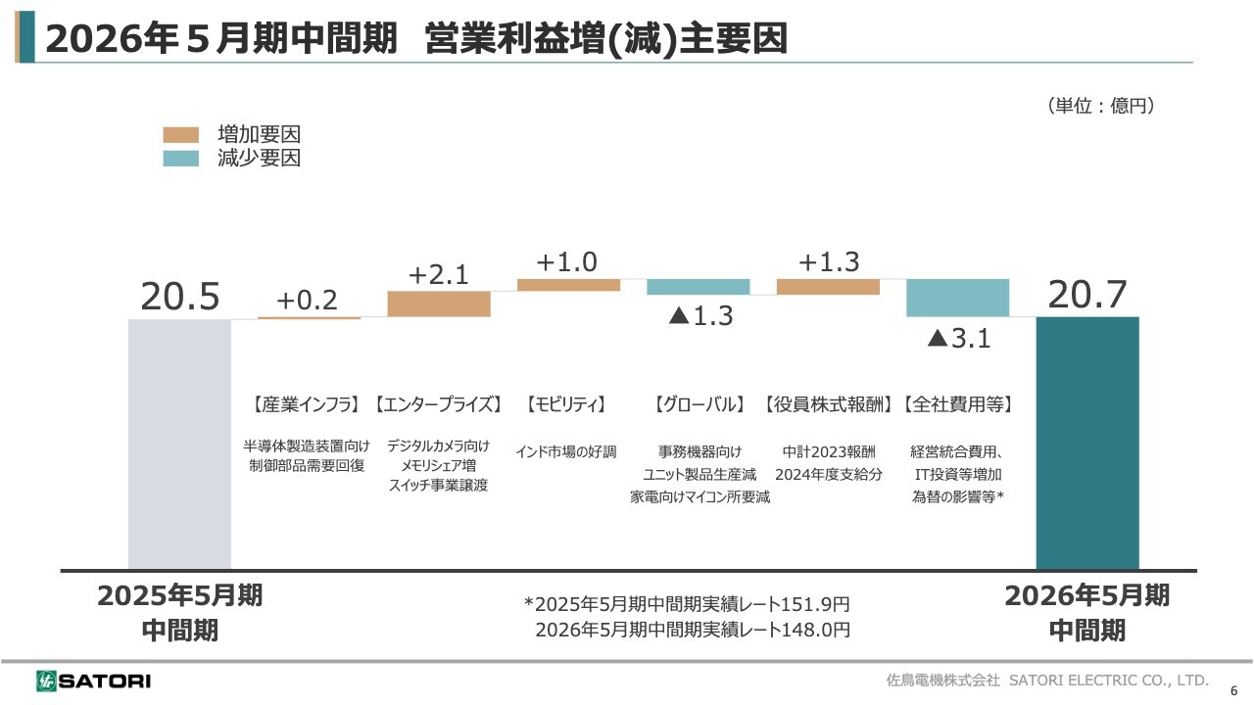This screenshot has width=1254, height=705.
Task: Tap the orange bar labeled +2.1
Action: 439,304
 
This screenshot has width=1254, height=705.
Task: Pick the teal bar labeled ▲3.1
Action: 957,298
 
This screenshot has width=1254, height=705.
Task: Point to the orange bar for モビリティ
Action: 568,285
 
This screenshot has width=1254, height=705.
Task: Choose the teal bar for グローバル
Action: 698,287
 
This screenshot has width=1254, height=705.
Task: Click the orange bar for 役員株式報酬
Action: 828,287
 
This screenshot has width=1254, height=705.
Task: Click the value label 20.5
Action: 179,297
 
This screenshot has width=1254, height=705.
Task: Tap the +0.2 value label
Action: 307,301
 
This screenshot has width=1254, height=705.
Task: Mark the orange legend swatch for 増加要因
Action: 181,135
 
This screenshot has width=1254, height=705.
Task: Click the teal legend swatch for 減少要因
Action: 181,159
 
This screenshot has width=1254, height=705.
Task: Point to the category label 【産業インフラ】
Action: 308,404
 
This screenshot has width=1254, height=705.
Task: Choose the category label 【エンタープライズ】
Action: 439,404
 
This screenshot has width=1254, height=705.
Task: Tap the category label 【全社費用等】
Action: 957,404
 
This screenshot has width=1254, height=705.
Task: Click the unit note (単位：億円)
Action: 1100,106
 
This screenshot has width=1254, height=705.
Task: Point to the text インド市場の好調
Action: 566,452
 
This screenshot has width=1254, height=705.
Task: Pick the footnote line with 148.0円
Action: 693,630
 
